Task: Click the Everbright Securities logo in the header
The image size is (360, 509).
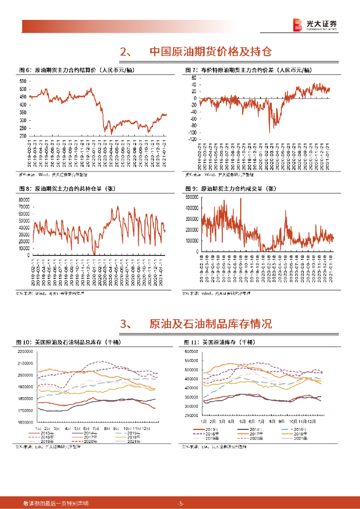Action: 314,24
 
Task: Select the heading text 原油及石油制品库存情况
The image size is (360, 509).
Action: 210,325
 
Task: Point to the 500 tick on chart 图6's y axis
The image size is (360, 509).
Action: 23,89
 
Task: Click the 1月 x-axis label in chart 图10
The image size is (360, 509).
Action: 38,427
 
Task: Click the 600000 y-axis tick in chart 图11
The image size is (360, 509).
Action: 191,351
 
